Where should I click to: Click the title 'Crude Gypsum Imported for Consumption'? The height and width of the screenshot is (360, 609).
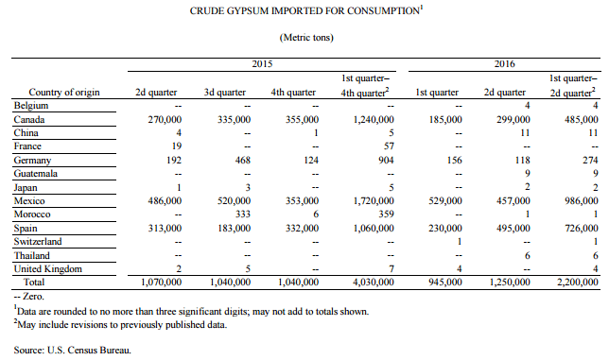click(x=306, y=10)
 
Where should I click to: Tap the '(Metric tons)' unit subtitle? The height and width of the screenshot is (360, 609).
click(x=306, y=38)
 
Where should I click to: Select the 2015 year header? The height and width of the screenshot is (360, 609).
click(x=262, y=64)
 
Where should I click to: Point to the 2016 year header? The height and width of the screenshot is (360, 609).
click(x=505, y=64)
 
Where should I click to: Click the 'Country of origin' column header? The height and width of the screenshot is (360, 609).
click(x=64, y=93)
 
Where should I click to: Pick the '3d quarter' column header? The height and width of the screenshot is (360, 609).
click(x=225, y=93)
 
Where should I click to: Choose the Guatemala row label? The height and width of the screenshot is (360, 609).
click(x=36, y=174)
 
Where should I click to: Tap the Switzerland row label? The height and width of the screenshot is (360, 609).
click(x=38, y=241)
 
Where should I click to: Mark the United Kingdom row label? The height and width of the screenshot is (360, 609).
click(x=48, y=269)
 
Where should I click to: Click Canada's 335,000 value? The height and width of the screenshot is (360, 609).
click(x=234, y=119)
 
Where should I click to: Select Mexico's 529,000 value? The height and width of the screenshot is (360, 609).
click(x=445, y=201)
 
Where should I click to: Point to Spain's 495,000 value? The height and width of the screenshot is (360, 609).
click(x=513, y=228)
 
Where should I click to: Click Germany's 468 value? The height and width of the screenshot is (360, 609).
click(x=243, y=161)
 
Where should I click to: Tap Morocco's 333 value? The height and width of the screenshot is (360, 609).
click(x=243, y=214)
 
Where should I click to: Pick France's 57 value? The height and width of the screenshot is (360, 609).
click(x=389, y=146)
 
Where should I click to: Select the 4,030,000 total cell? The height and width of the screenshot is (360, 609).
click(x=374, y=282)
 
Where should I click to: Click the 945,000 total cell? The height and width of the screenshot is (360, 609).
click(x=445, y=282)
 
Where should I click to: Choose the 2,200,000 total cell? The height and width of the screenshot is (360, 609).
click(x=578, y=282)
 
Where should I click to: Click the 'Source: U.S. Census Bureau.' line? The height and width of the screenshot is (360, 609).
click(x=73, y=351)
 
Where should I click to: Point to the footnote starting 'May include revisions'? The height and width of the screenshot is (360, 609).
click(x=120, y=324)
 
